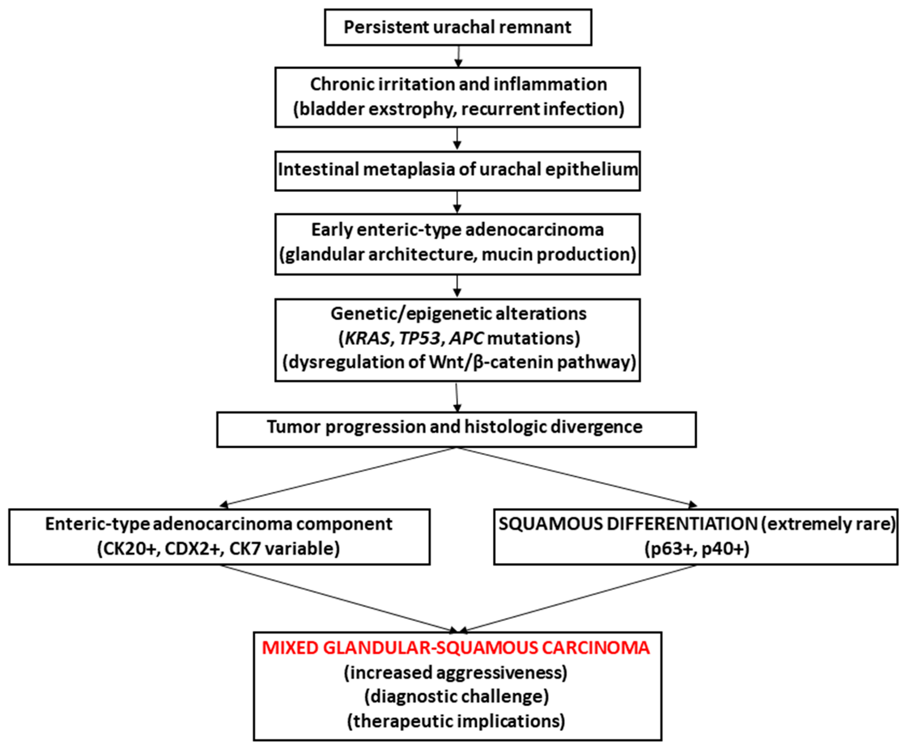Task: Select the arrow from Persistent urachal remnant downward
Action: tap(459, 56)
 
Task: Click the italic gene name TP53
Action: tap(420, 338)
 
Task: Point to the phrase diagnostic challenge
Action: tap(456, 696)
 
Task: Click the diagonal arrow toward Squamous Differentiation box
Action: tap(577, 477)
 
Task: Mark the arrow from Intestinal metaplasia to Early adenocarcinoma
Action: tap(457, 202)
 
